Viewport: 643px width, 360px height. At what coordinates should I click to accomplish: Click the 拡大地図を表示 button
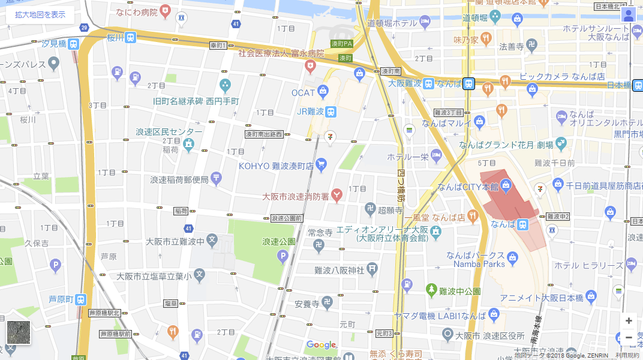(40, 14)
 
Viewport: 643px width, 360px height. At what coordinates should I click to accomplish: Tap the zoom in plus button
(629, 320)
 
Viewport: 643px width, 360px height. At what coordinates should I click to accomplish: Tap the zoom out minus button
(629, 337)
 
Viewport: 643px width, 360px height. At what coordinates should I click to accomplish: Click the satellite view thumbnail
(19, 332)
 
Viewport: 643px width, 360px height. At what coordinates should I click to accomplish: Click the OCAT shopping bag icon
(323, 92)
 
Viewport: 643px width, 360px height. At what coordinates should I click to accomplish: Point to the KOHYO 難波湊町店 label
(276, 165)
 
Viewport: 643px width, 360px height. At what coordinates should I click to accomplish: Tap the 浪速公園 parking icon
(283, 257)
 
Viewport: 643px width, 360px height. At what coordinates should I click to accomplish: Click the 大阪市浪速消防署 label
(296, 196)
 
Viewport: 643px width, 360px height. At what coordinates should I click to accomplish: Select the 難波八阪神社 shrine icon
(372, 269)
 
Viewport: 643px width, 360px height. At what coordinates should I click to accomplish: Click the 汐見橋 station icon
(73, 44)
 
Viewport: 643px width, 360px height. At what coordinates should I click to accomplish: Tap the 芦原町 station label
(61, 299)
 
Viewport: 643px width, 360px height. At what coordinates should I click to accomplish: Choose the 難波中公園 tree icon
(431, 290)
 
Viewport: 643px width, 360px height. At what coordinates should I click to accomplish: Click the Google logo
(321, 345)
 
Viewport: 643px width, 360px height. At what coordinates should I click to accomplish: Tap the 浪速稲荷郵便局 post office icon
(216, 179)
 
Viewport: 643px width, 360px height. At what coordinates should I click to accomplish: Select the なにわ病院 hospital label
(137, 11)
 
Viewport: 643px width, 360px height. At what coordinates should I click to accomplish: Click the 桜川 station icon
(130, 37)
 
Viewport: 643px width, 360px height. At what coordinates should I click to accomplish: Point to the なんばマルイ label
(446, 124)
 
